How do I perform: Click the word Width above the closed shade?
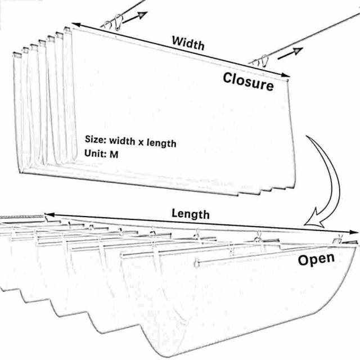coord(188,43)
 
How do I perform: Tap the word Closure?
coord(248,82)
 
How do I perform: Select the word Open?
coord(316,259)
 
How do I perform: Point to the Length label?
coord(191,214)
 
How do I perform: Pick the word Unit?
coord(96,153)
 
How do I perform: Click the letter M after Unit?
coord(114,154)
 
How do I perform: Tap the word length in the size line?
coord(161,143)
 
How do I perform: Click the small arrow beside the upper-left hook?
coord(135,17)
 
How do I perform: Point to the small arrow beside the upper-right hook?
coord(290,53)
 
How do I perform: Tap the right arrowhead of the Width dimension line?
coord(286,75)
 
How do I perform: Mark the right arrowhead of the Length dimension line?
coord(354,232)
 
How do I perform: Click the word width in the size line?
coord(122,141)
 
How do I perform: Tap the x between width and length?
coord(141,143)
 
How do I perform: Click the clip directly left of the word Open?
coord(257,238)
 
